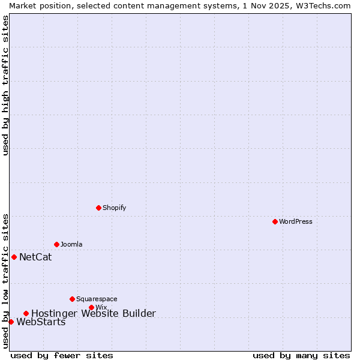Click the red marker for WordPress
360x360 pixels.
tap(275, 221)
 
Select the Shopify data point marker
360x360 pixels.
tap(98, 208)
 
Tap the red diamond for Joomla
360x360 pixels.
tap(56, 244)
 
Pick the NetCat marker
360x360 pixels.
tap(14, 257)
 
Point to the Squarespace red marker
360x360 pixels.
tap(72, 299)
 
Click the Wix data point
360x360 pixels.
tap(91, 307)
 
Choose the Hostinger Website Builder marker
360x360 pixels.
tap(26, 313)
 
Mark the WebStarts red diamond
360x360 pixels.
tap(11, 322)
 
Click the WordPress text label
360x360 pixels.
tap(296, 221)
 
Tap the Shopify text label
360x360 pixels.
tap(114, 208)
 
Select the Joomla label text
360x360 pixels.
tap(71, 244)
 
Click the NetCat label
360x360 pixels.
tap(35, 257)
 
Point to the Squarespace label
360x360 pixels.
tap(97, 299)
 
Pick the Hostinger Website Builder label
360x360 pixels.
tap(93, 313)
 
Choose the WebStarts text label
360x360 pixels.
tap(41, 322)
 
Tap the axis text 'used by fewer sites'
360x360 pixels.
tap(62, 355)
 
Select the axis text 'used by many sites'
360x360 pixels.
tap(301, 355)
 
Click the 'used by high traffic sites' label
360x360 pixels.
tap(5, 85)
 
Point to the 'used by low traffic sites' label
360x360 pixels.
tap(5, 281)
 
